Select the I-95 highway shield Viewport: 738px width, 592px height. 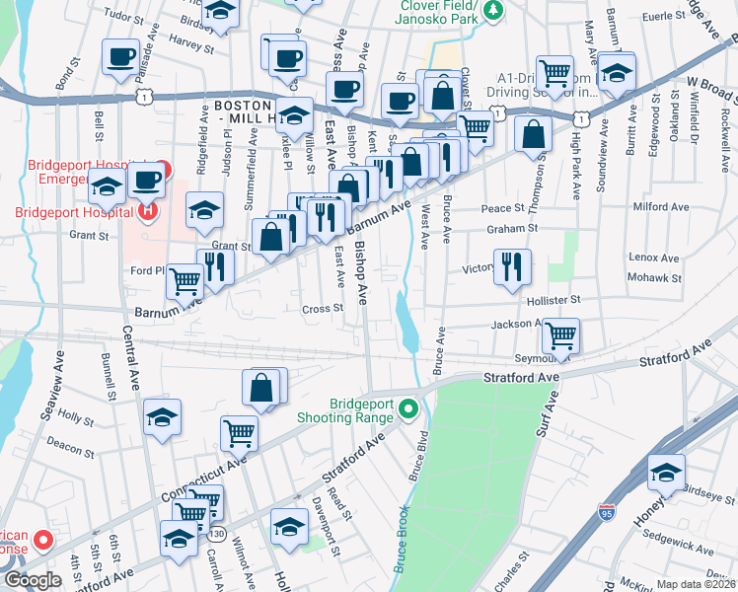point(606,512)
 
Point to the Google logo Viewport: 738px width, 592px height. point(32,580)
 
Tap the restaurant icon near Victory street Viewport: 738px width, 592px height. point(512,267)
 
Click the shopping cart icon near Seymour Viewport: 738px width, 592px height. point(560,336)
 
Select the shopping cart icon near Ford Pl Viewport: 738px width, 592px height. point(184,281)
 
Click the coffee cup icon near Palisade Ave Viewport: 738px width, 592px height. point(121,57)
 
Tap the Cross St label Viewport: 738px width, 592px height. point(322,308)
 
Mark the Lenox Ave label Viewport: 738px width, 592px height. point(655,259)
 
